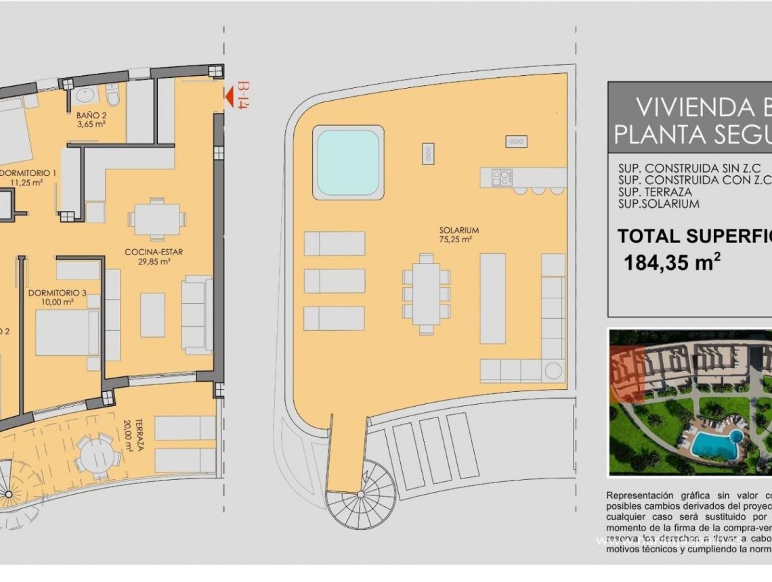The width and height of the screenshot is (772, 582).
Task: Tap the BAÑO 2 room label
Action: [91, 120]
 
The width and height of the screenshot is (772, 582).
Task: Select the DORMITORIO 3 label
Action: [57, 297]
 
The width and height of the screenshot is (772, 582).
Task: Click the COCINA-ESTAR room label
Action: [154, 256]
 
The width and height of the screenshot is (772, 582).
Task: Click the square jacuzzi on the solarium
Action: [348, 162]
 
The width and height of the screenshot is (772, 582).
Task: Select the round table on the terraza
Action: [97, 453]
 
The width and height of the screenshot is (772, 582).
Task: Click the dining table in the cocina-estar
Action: [156, 219]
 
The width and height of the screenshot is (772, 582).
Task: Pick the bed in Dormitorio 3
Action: [67, 333]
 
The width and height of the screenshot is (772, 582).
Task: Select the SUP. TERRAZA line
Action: [655, 192]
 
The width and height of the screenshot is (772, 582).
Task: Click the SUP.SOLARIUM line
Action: [658, 204]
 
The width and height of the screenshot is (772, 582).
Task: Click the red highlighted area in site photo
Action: [626, 376]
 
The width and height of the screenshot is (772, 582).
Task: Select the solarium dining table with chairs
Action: [426, 294]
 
